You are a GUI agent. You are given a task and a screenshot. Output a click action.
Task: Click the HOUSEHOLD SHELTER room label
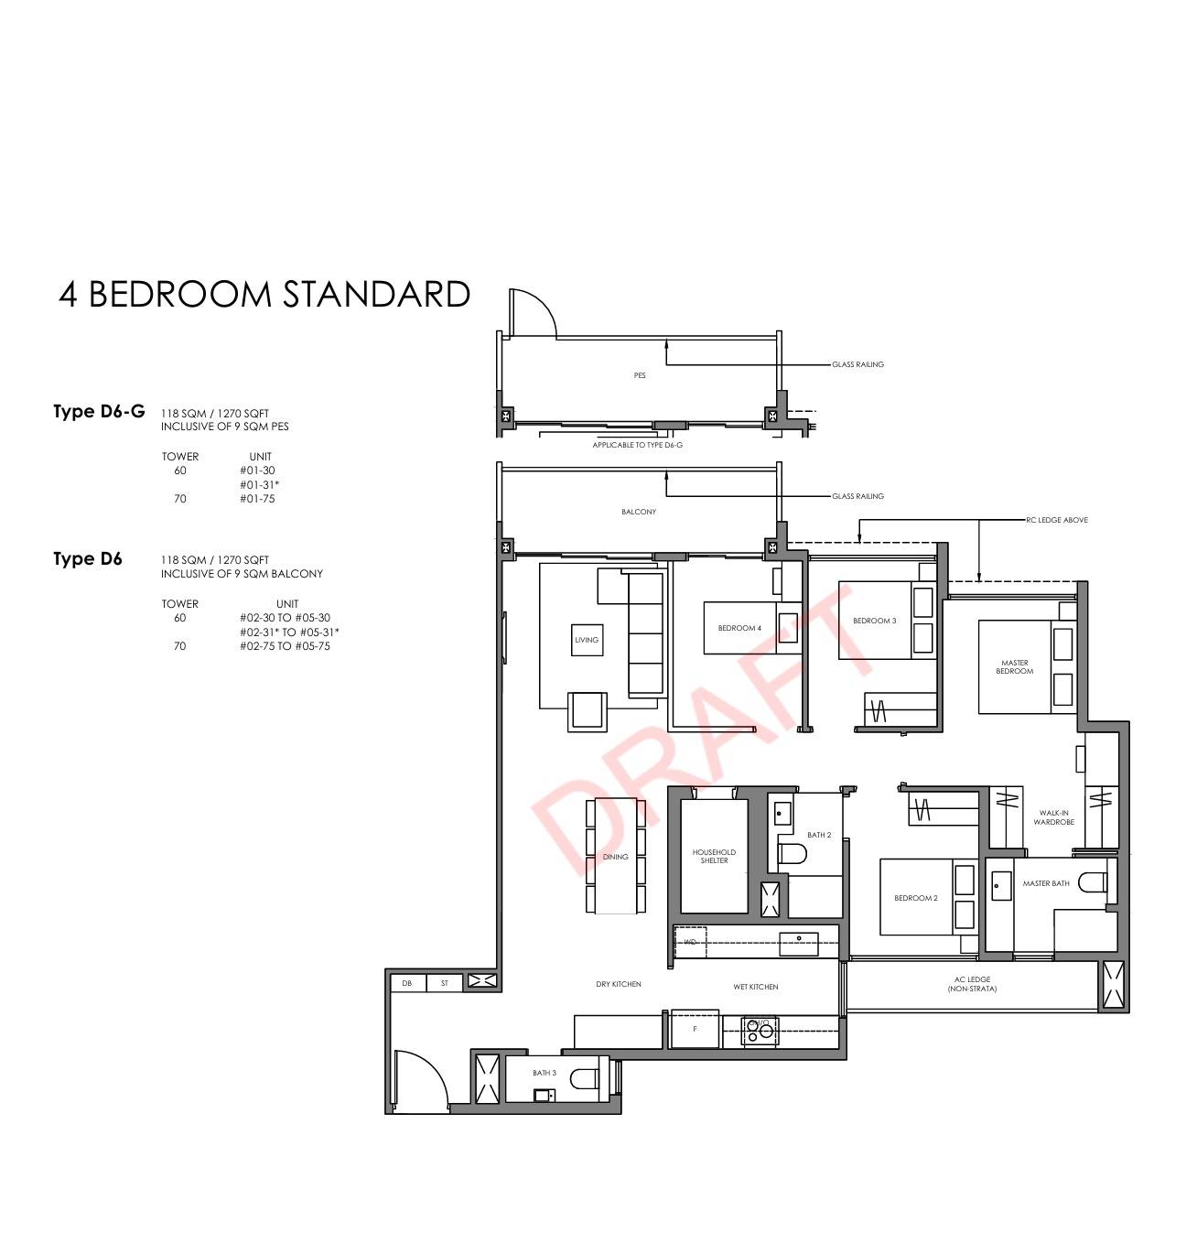(713, 856)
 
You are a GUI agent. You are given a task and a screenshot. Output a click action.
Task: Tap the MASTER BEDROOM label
(1014, 666)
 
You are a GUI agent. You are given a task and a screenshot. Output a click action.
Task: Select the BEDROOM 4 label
(739, 628)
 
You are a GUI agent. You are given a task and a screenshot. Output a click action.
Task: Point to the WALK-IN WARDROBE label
(1053, 817)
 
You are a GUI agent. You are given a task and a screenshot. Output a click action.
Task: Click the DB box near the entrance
(407, 983)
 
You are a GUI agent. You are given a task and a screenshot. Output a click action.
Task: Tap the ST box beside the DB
(445, 983)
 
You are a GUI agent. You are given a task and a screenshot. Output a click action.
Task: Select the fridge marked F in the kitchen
(695, 1029)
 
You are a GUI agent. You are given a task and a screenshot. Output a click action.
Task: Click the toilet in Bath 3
(586, 1078)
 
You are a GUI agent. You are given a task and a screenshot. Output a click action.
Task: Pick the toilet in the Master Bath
(1093, 882)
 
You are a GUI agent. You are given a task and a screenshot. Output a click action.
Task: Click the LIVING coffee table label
(587, 640)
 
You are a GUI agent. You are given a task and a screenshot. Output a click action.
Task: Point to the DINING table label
(615, 857)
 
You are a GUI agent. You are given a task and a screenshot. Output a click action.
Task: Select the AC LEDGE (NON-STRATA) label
(972, 984)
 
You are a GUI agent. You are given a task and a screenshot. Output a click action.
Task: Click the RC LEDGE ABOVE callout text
(1057, 520)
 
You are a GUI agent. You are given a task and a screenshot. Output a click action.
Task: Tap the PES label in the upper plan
(639, 375)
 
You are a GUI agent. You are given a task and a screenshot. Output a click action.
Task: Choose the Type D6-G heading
(99, 410)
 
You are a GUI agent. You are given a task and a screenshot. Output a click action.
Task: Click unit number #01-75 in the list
(257, 499)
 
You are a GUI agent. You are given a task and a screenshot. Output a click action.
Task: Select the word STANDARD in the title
(375, 295)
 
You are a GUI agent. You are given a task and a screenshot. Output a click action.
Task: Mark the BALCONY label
(639, 512)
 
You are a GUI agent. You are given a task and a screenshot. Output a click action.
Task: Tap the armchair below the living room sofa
(587, 711)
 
